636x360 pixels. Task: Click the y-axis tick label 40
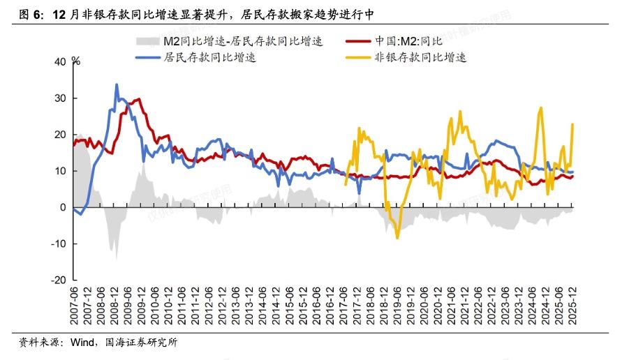point(60,62)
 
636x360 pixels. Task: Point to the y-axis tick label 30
point(60,98)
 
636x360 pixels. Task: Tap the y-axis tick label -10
point(59,243)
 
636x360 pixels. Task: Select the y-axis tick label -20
point(59,280)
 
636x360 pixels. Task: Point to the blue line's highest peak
point(117,84)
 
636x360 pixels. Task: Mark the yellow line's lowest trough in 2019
point(398,238)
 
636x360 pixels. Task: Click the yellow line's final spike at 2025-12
point(573,124)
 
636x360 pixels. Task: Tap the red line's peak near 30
point(139,99)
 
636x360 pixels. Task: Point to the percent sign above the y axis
point(77,61)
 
